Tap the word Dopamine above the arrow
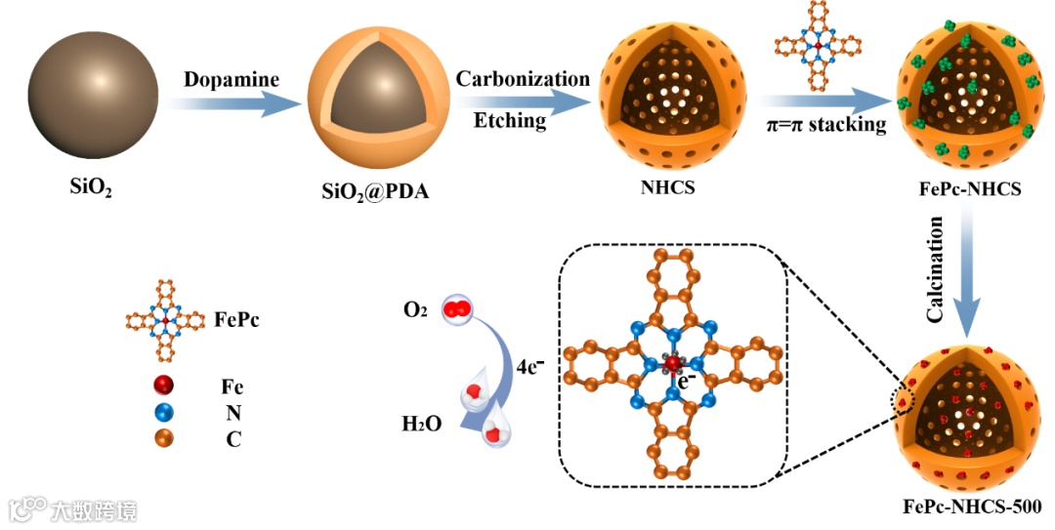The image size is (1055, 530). point(231,79)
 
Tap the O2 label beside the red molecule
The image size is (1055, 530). point(414,310)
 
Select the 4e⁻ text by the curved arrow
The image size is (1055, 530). point(531,369)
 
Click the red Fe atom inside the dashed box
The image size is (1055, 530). point(671,364)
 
